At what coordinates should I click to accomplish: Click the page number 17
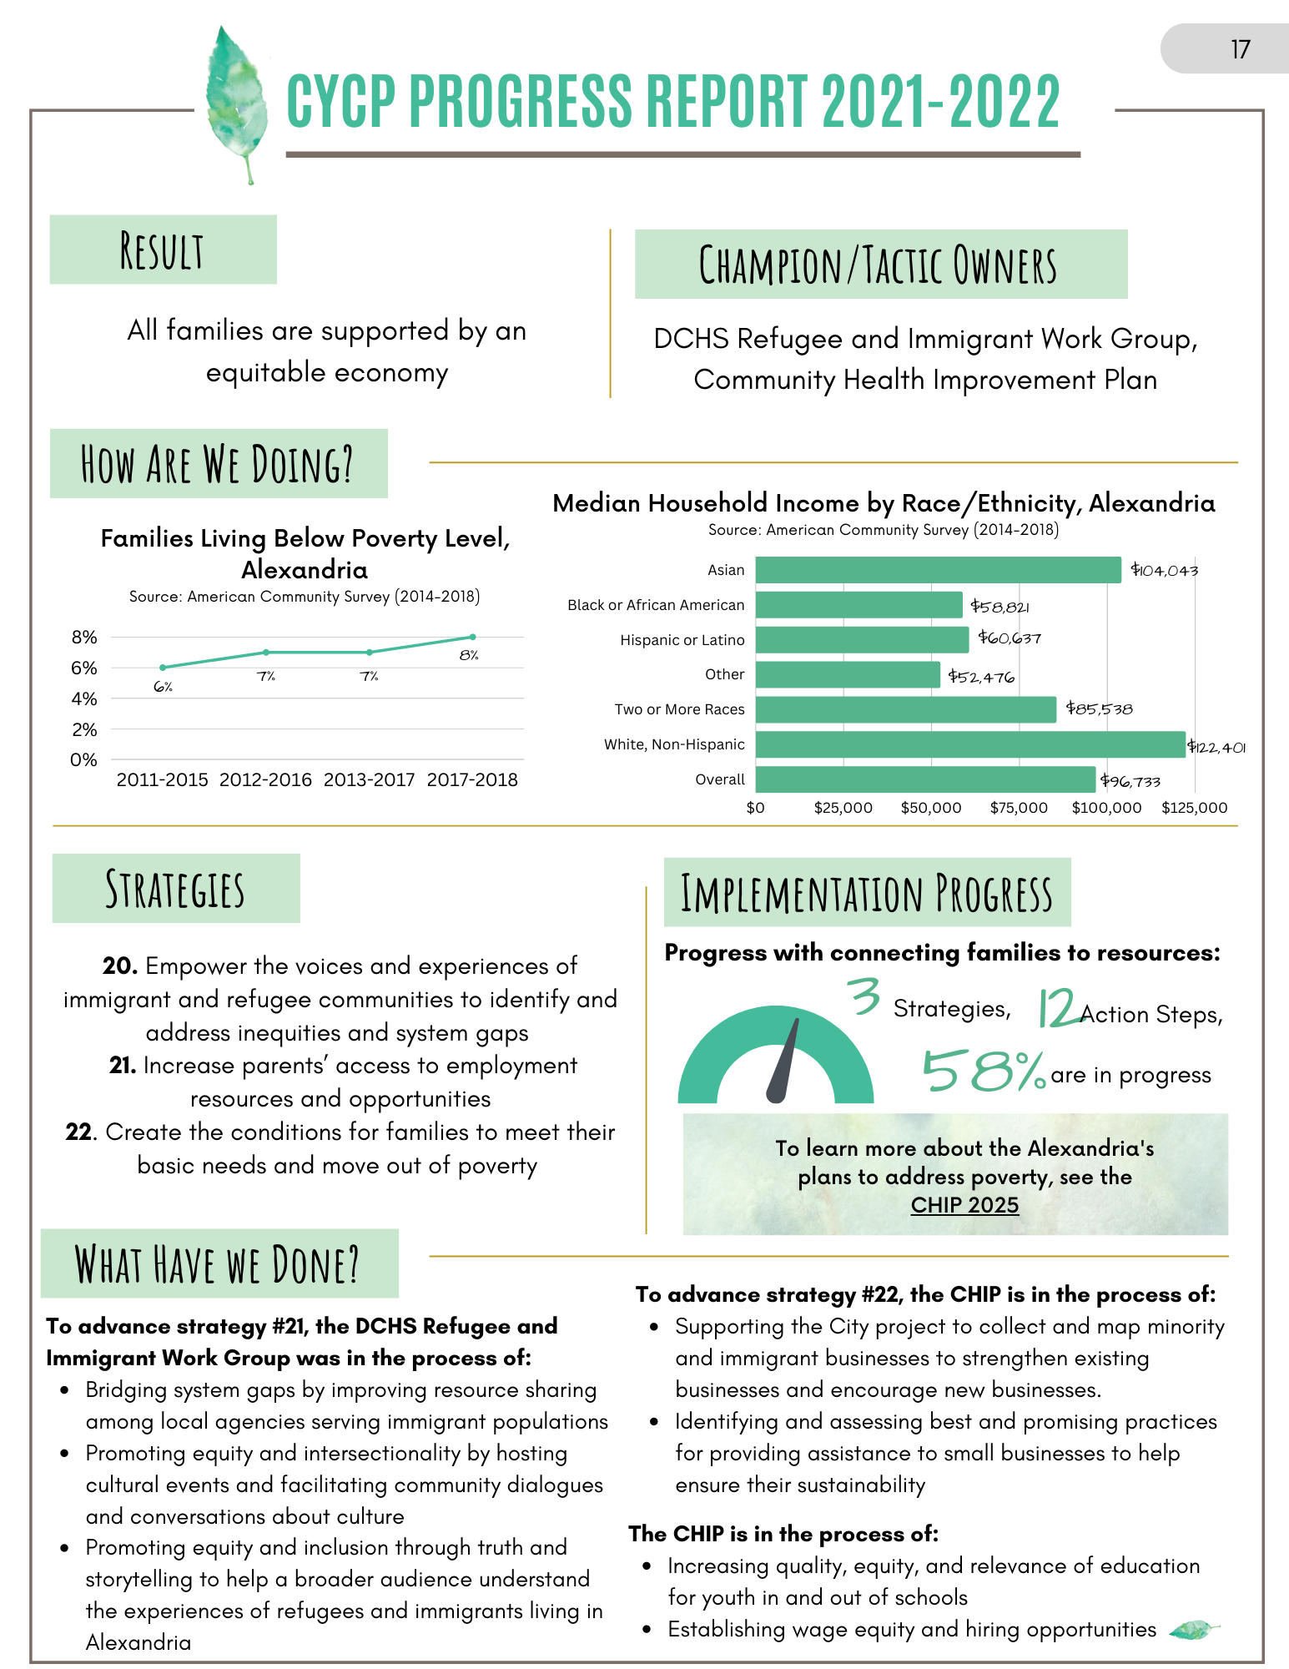(x=1240, y=49)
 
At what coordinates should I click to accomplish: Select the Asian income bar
(x=938, y=570)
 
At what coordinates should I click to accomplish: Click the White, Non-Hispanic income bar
(x=969, y=744)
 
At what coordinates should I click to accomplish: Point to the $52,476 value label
(x=981, y=677)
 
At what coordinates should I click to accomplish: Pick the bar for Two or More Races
(x=905, y=709)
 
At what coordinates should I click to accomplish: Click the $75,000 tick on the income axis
(x=1019, y=808)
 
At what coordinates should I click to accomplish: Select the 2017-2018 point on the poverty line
(x=473, y=637)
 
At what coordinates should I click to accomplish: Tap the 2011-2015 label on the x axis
(x=162, y=779)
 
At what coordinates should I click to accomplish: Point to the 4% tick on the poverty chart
(x=84, y=698)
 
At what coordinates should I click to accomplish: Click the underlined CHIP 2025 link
(x=964, y=1205)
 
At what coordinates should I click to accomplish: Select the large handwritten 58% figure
(x=983, y=1071)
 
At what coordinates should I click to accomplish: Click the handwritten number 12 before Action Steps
(x=1057, y=1009)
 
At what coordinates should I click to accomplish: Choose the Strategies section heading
(x=175, y=889)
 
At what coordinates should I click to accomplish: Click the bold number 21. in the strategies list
(x=123, y=1066)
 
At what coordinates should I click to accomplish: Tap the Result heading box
(x=163, y=250)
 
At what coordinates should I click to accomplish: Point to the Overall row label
(x=719, y=779)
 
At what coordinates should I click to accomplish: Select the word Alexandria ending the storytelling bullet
(x=138, y=1642)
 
